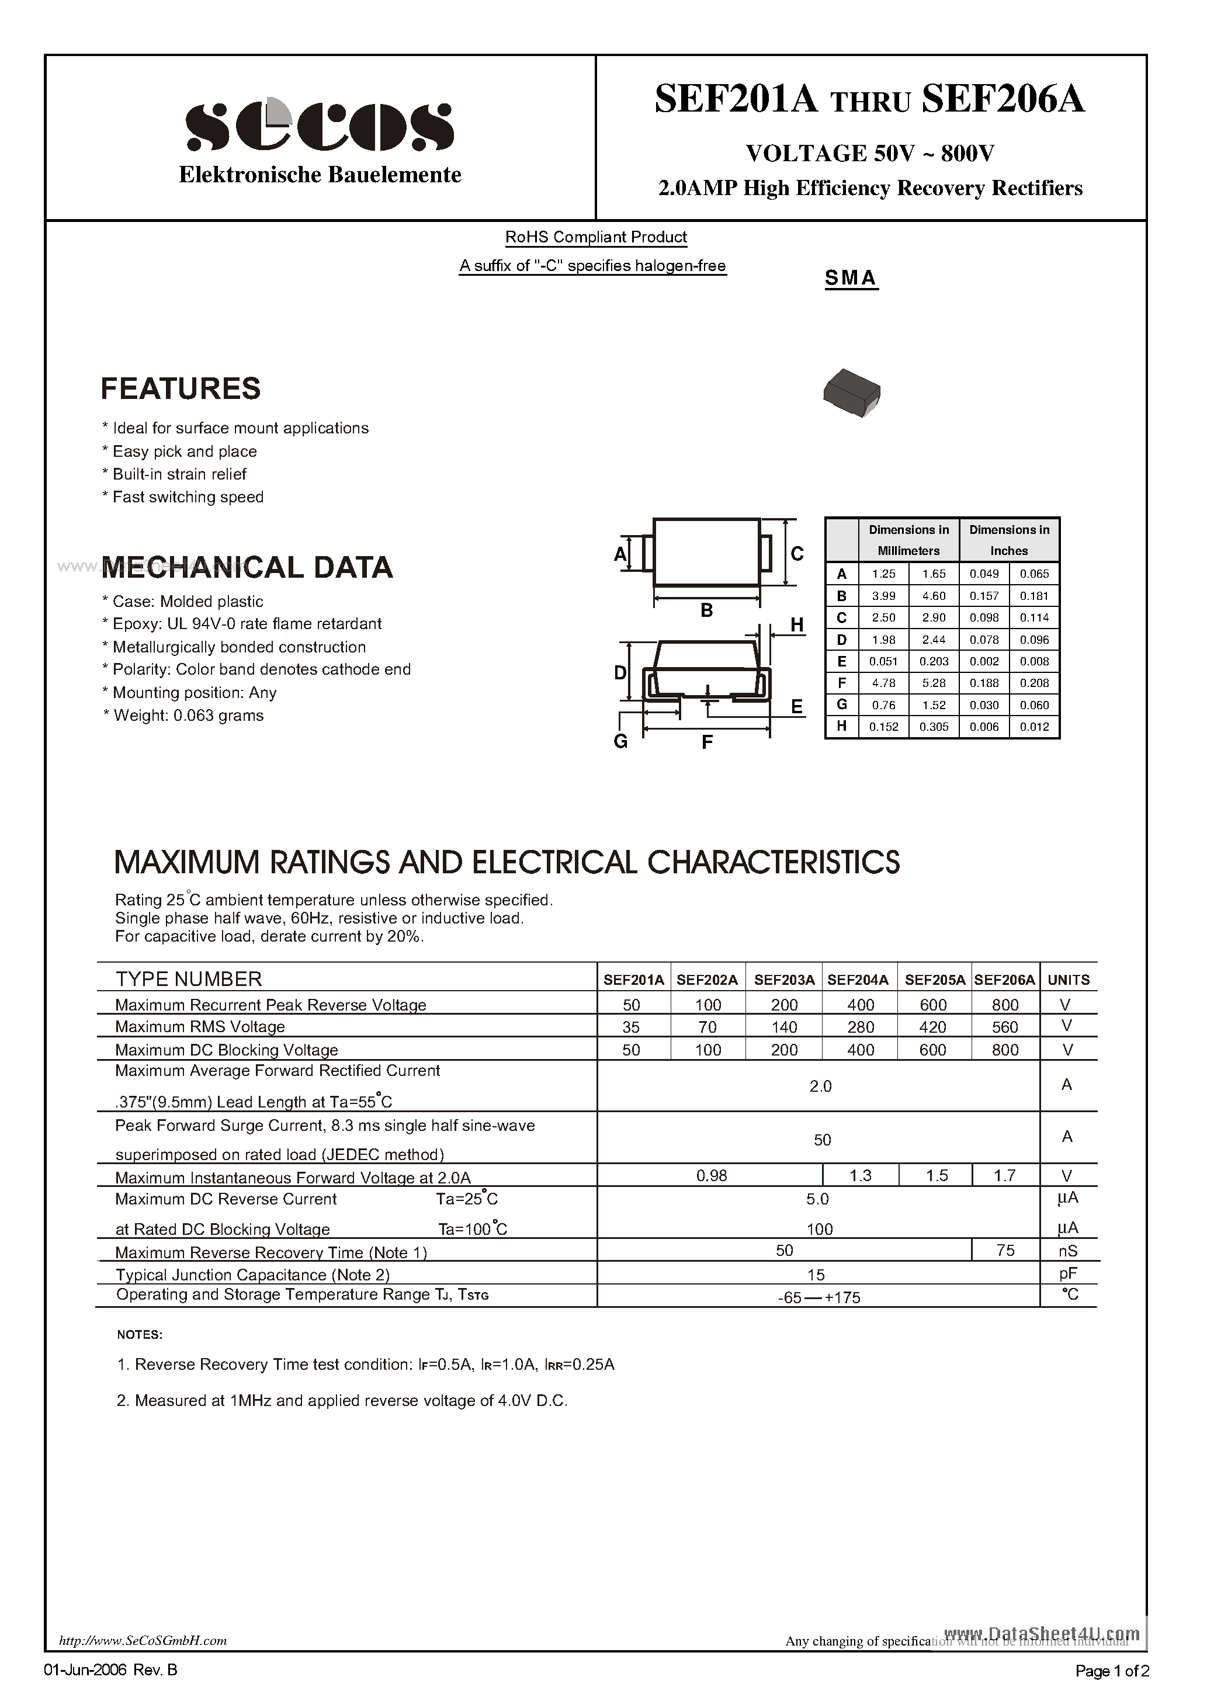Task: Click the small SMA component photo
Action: (x=851, y=392)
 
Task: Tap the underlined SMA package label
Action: (x=851, y=277)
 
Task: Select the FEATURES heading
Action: (x=181, y=388)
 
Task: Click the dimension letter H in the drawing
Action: (x=797, y=625)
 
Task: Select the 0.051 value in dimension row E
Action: (x=883, y=661)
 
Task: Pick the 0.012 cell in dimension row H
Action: (x=1033, y=727)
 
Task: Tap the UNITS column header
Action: (x=1068, y=980)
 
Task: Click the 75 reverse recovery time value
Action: (x=1005, y=1251)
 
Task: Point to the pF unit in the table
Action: (x=1068, y=1273)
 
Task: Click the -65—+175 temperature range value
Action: (x=818, y=1297)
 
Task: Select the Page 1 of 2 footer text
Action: (x=1112, y=1671)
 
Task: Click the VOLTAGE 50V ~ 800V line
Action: (x=869, y=153)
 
